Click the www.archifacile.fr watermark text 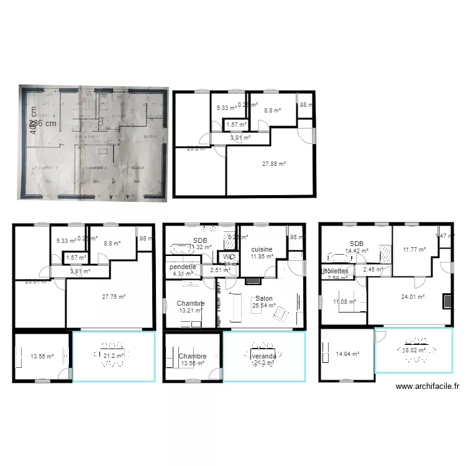(x=427, y=386)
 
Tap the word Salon (x=263, y=298)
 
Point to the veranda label (x=263, y=356)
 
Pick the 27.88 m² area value (x=273, y=163)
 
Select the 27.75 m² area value (x=113, y=297)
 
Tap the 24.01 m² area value (x=413, y=296)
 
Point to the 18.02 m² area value (x=413, y=350)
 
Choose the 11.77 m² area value (x=414, y=249)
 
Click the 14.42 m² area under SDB (x=356, y=251)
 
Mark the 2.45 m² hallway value (x=373, y=269)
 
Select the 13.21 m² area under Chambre (x=191, y=310)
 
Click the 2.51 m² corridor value (x=219, y=270)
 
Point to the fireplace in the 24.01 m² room (x=447, y=301)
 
